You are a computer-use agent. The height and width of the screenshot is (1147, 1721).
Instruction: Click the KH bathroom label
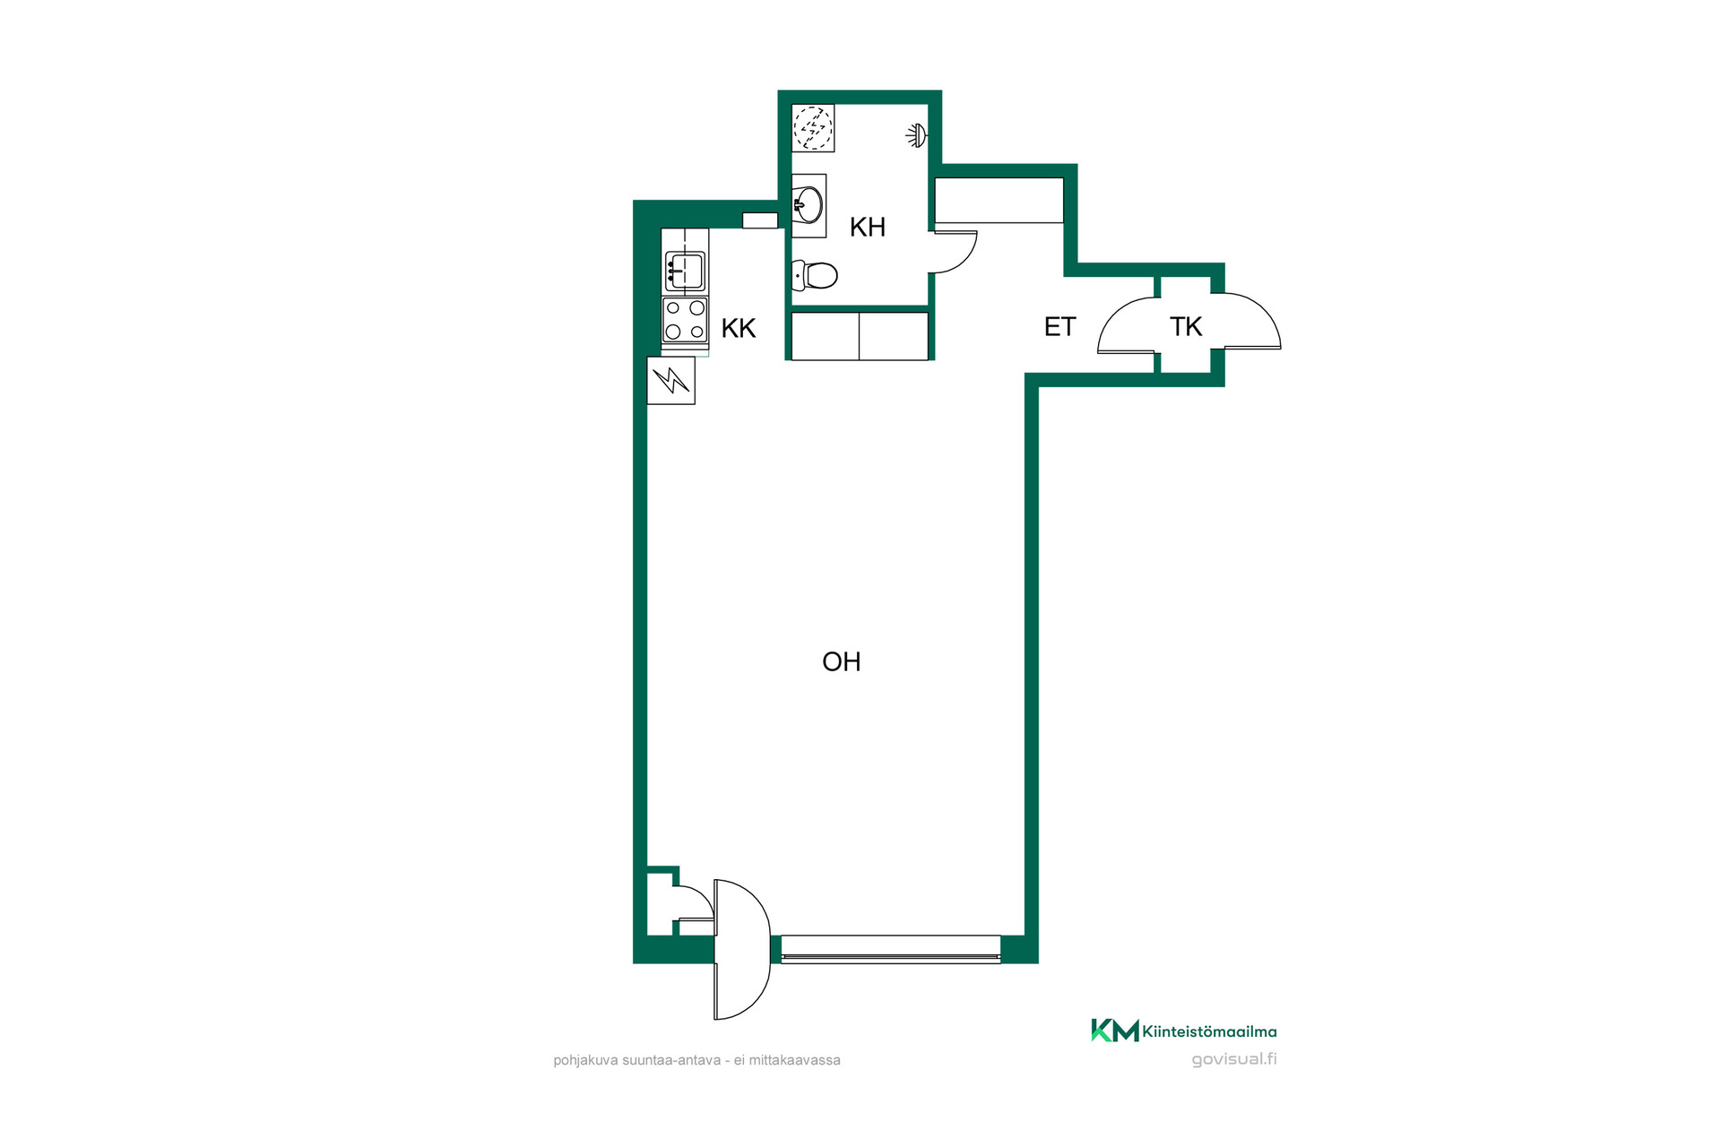coord(867,228)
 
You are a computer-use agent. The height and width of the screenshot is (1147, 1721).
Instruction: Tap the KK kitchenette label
coord(739,329)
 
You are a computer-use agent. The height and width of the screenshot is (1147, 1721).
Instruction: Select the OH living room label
coord(841,662)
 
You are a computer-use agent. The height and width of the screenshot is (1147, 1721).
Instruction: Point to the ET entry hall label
coord(1059,327)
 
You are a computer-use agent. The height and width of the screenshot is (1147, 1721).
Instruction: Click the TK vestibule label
coord(1185,327)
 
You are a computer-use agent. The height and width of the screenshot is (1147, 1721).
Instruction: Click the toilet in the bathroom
coord(815,275)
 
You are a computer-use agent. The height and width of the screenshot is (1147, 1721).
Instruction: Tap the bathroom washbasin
coord(809,205)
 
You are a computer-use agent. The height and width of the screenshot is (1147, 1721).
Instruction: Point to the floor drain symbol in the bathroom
coord(813,128)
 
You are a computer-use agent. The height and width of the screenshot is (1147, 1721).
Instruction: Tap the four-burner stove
coord(685,320)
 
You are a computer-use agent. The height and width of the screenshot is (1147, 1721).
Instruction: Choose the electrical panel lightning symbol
coord(671,381)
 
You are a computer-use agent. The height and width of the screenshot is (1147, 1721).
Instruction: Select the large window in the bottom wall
coord(891,949)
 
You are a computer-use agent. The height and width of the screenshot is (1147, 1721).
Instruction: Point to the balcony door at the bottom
coord(742,950)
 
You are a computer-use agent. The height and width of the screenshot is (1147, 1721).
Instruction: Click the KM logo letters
coord(1115,1031)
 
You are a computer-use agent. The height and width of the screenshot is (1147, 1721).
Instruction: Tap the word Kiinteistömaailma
coord(1209,1031)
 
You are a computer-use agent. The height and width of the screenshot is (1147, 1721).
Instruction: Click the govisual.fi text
coord(1234,1059)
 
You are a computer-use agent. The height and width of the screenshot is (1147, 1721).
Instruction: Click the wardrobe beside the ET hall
coord(999,201)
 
